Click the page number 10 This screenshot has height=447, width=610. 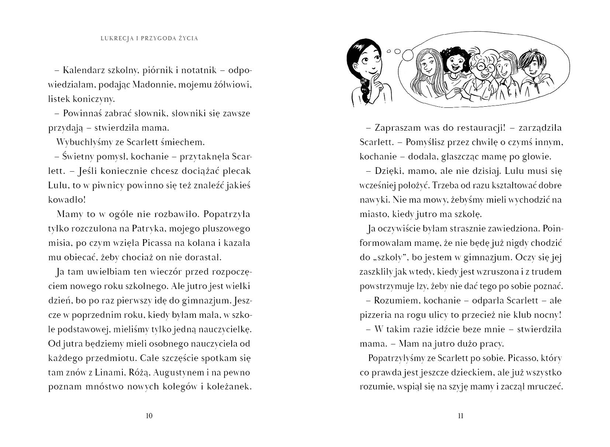click(149, 416)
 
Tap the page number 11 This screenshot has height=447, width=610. click(460, 416)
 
